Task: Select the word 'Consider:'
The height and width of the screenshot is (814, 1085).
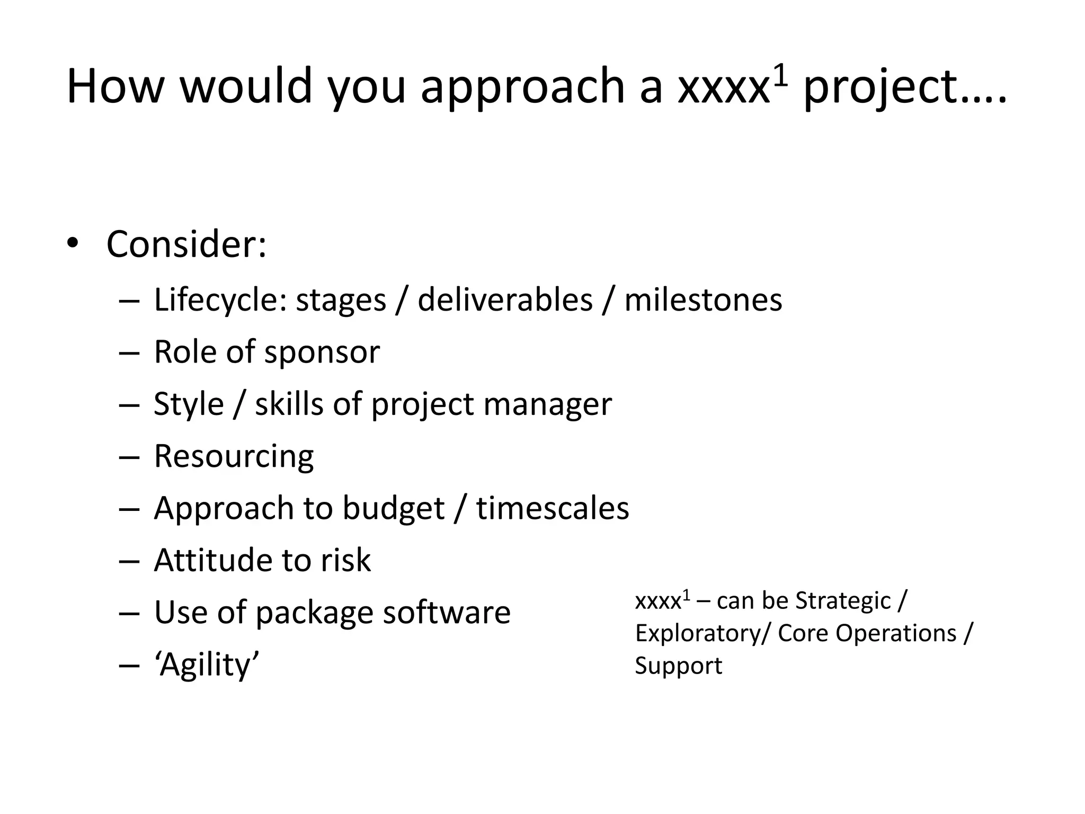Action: click(186, 244)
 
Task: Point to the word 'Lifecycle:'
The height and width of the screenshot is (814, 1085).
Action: click(220, 300)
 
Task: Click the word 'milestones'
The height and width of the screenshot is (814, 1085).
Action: click(703, 300)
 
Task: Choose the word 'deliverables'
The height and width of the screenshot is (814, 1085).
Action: click(505, 300)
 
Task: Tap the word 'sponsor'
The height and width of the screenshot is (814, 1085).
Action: click(322, 352)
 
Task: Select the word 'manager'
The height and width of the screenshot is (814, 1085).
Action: click(547, 404)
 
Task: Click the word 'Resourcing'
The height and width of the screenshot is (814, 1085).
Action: click(234, 456)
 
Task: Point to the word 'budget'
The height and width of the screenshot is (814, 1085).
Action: click(393, 509)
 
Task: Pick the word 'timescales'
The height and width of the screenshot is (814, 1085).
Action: click(553, 509)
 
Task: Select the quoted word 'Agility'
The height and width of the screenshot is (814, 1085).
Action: click(207, 665)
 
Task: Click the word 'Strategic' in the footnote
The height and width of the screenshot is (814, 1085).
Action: click(843, 601)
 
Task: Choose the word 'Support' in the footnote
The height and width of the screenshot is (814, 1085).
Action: click(678, 666)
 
